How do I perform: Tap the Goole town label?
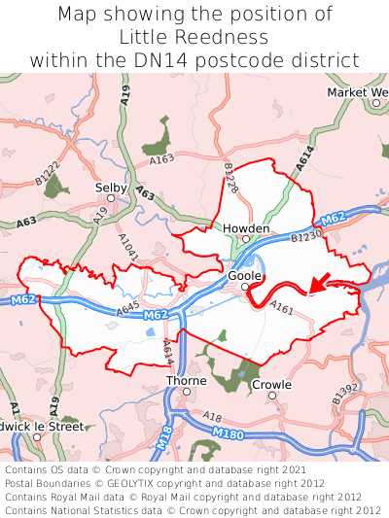(x=245, y=276)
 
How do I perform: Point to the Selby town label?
(x=110, y=187)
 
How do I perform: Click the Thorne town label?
(x=186, y=381)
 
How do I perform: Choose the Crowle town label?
(x=271, y=385)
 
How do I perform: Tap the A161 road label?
(x=282, y=308)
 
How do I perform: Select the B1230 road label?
(x=304, y=236)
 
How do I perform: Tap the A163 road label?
(x=162, y=158)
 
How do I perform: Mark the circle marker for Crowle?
(x=272, y=396)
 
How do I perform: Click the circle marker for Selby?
(x=111, y=197)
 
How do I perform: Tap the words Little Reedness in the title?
(x=194, y=37)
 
